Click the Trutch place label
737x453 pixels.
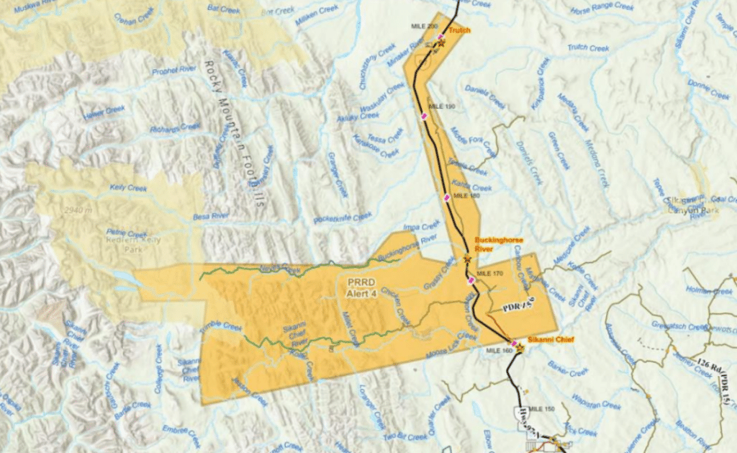pyautogui.click(x=459, y=31)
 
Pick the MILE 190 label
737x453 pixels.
pyautogui.click(x=442, y=106)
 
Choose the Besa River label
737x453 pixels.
pyautogui.click(x=211, y=215)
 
